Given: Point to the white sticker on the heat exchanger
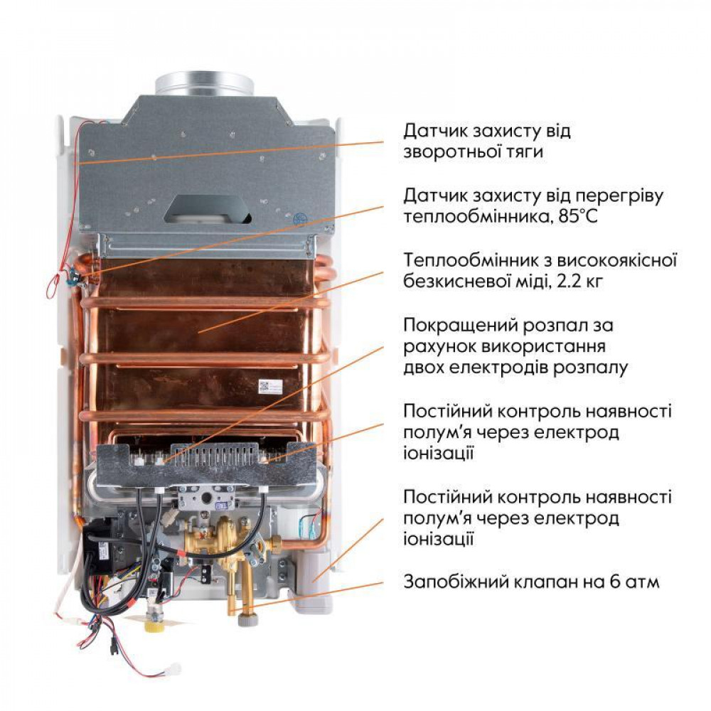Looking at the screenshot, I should pos(269,386).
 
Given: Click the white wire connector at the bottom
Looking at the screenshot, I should pos(172,669).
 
